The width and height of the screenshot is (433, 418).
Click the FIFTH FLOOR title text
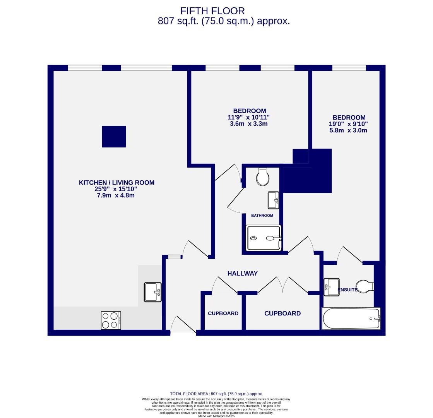tap(212, 11)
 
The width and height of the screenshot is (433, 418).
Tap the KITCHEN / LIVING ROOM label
tap(116, 183)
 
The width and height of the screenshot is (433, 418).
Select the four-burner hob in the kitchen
tap(111, 320)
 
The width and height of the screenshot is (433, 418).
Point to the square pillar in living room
tap(114, 137)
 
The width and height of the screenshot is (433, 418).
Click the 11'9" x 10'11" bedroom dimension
tap(248, 117)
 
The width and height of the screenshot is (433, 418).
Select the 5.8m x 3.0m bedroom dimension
tap(346, 130)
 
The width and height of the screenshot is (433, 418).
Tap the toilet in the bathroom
tap(263, 177)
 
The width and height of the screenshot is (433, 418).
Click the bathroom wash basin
tap(274, 200)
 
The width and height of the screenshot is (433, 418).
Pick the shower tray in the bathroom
tap(264, 238)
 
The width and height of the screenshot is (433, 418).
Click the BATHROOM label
tap(262, 216)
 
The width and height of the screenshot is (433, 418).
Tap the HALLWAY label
tap(242, 273)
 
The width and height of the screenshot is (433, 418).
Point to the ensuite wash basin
tap(331, 287)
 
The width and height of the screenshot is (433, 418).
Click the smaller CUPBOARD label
tap(223, 313)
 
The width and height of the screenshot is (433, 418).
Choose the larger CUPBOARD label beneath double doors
tap(282, 313)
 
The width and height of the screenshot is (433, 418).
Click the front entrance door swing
tap(183, 325)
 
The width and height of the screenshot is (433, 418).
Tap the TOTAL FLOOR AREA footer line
tap(216, 394)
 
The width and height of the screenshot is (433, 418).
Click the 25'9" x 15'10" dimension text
tap(116, 189)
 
